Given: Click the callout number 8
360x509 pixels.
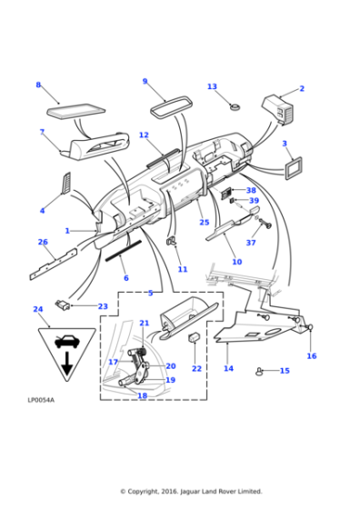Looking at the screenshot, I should coord(38,85).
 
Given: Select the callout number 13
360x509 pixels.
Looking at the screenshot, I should coord(212,87).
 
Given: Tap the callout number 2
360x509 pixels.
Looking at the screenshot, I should coord(302,89).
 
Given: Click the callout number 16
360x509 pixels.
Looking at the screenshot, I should coord(311,356).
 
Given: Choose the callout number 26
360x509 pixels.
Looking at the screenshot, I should coord(43,242).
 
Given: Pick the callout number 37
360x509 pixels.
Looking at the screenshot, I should coord(251,243).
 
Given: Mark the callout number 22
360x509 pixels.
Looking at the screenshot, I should coord(197,368).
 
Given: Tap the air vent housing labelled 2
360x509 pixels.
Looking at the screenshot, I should coord(276,107).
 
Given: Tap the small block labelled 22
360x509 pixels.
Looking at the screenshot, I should coord(195,339).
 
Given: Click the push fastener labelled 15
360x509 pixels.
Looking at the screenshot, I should coord(262,370).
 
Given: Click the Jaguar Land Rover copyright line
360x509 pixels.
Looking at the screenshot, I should coord(191,491).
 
